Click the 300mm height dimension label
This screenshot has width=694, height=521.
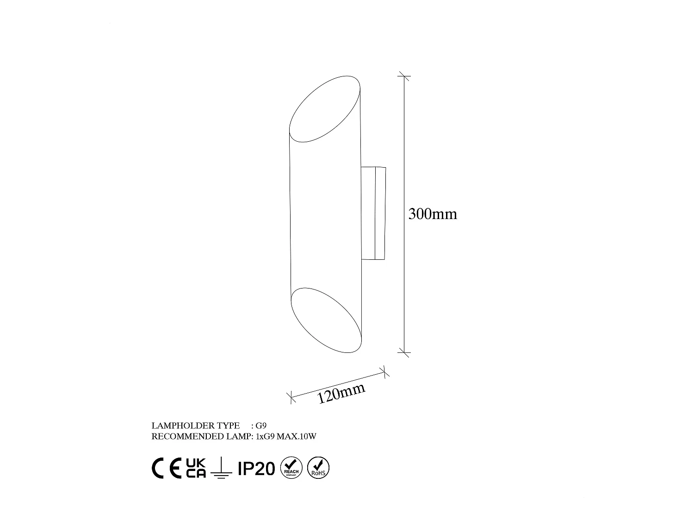(433, 214)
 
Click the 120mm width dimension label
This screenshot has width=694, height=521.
(341, 394)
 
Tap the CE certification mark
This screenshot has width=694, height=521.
(167, 469)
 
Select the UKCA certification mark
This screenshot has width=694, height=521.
(196, 468)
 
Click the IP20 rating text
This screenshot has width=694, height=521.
(256, 469)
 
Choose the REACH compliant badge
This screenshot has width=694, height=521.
(291, 468)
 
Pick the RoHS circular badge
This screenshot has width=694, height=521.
(318, 468)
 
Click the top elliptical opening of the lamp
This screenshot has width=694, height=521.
(325, 109)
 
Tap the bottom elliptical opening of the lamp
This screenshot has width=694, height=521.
(326, 320)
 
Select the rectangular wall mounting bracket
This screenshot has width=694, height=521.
(373, 213)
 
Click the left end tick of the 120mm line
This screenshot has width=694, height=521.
(291, 397)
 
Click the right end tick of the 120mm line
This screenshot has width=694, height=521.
(384, 371)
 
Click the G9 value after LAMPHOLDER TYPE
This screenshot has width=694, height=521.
(261, 426)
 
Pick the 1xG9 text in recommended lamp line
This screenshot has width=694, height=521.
(265, 437)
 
